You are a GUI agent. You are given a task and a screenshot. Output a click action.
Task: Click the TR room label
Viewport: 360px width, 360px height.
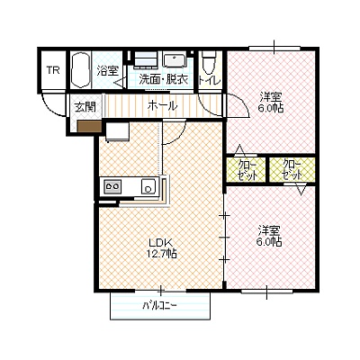click(x=53, y=70)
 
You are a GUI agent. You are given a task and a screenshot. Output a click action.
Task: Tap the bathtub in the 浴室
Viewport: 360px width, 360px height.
click(x=81, y=71)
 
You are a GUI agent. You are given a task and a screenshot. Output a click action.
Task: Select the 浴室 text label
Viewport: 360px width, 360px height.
click(x=107, y=71)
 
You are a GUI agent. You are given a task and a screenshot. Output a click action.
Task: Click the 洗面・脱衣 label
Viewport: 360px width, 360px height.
click(x=164, y=79)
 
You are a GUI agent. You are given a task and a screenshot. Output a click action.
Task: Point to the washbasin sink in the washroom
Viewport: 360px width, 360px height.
click(x=174, y=60)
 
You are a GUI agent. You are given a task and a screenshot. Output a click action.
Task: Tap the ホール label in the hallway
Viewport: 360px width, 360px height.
click(x=162, y=105)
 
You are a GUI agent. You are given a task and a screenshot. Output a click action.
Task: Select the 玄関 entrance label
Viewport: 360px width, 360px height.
click(x=85, y=107)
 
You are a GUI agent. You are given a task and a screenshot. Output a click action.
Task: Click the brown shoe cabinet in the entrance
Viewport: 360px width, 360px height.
click(x=89, y=126)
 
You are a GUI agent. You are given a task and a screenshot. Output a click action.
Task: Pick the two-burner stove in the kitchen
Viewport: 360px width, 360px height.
click(x=112, y=187)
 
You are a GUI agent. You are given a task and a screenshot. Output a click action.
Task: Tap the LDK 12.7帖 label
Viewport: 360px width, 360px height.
click(x=161, y=247)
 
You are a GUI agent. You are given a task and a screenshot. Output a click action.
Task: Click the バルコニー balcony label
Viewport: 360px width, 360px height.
click(x=159, y=306)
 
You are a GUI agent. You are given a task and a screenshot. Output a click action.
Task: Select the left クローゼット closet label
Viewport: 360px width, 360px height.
click(x=247, y=170)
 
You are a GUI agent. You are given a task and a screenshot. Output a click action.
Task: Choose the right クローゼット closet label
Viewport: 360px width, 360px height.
click(x=292, y=170)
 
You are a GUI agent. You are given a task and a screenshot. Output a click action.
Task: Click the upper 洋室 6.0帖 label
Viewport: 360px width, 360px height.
click(x=271, y=103)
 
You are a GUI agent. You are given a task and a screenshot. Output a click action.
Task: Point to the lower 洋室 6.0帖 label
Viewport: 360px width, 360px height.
click(x=269, y=236)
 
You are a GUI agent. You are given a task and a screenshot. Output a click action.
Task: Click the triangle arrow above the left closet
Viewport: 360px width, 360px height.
click(x=239, y=149)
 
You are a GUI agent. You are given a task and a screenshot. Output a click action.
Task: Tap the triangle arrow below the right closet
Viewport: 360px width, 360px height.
click(x=301, y=190)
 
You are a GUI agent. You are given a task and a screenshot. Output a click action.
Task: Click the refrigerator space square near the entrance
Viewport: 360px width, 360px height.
click(x=117, y=131)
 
